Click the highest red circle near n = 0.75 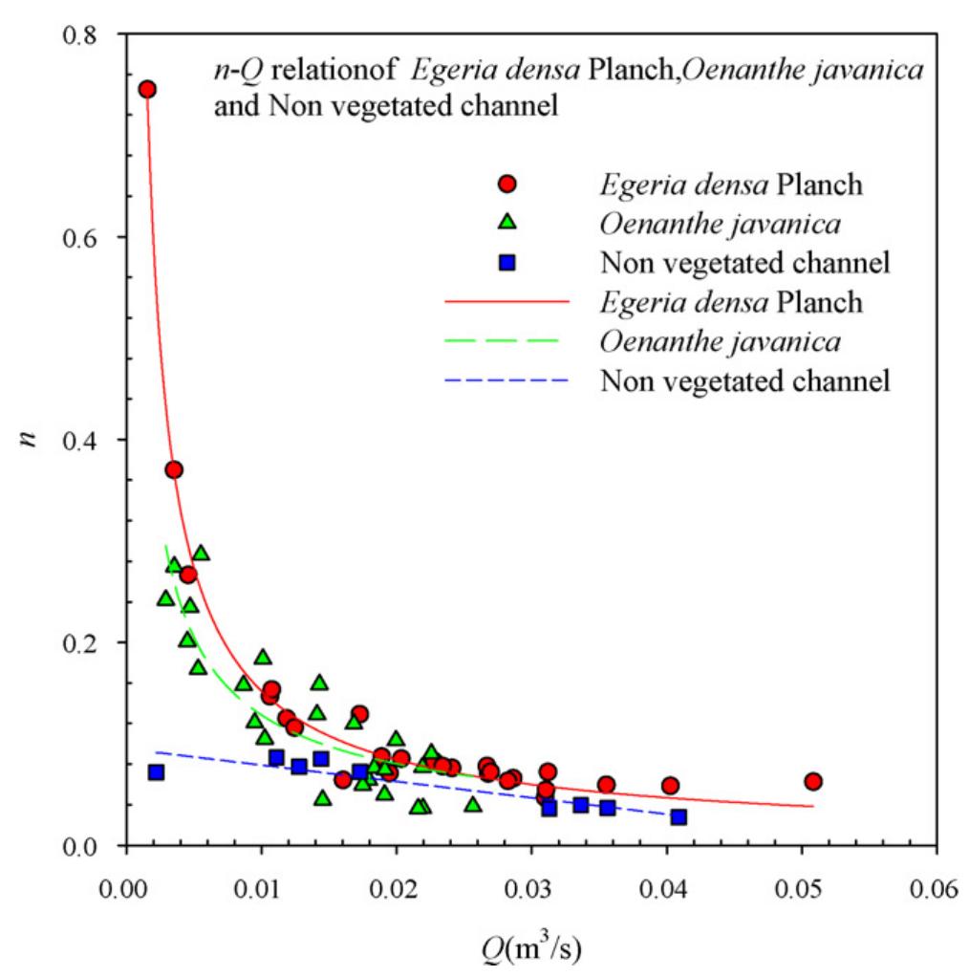tap(147, 89)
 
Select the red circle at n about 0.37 tap(174, 469)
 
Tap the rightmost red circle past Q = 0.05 tap(813, 781)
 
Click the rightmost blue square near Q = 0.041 tap(678, 816)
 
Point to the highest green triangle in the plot tap(201, 553)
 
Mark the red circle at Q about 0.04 tap(670, 786)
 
